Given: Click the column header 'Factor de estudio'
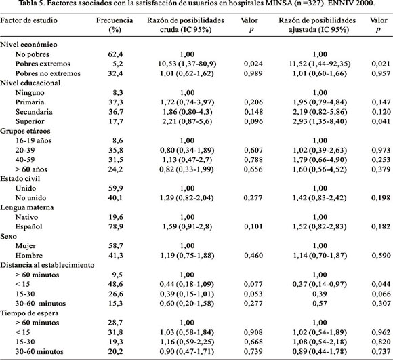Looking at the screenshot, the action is pyautogui.click(x=28, y=20).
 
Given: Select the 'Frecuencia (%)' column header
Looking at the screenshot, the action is pyautogui.click(x=115, y=25).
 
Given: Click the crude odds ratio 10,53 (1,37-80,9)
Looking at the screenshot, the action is pyautogui.click(x=187, y=64).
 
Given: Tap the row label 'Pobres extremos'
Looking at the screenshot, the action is pyautogui.click(x=43, y=64).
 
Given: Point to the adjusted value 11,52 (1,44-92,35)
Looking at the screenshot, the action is pyautogui.click(x=320, y=64).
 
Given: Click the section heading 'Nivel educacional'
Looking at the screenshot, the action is pyautogui.click(x=30, y=83).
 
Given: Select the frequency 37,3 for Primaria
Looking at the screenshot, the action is pyautogui.click(x=116, y=102).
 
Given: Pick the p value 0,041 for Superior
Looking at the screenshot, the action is pyautogui.click(x=381, y=121).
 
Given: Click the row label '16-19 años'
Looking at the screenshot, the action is pyautogui.click(x=34, y=140).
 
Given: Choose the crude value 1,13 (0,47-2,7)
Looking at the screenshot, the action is pyautogui.click(x=187, y=160).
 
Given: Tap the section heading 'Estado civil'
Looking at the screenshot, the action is pyautogui.click(x=20, y=179).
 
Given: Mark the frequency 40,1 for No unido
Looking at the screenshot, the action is pyautogui.click(x=116, y=198).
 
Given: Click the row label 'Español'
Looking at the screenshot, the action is pyautogui.click(x=29, y=227).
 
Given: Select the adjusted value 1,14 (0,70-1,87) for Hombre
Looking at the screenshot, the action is pyautogui.click(x=320, y=256).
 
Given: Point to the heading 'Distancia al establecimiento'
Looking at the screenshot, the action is pyautogui.click(x=47, y=265).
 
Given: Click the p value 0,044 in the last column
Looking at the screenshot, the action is pyautogui.click(x=381, y=284).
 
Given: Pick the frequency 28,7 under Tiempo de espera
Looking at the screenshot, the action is pyautogui.click(x=116, y=323).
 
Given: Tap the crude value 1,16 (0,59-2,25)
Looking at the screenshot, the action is pyautogui.click(x=187, y=342).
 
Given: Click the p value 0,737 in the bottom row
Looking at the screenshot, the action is pyautogui.click(x=381, y=351).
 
